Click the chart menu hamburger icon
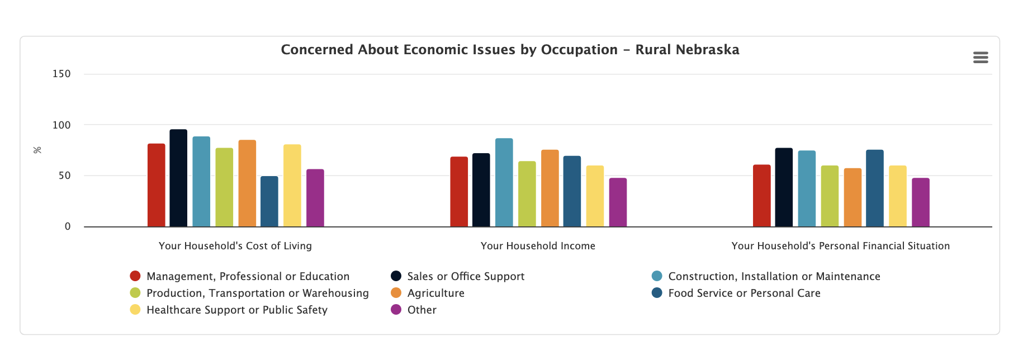(x=981, y=58)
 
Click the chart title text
(x=510, y=50)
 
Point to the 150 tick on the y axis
(x=61, y=74)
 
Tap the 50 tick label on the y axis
(x=64, y=176)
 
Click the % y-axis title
(x=37, y=150)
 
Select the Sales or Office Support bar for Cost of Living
(x=178, y=178)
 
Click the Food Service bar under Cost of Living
(x=269, y=202)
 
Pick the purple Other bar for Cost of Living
(x=315, y=198)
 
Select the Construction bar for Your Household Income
(x=504, y=183)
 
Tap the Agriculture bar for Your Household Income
(x=550, y=188)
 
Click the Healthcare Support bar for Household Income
(x=595, y=196)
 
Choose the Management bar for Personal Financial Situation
(x=761, y=196)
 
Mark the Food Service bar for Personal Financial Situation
(x=875, y=188)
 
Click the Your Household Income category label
(x=538, y=246)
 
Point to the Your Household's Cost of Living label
(x=235, y=246)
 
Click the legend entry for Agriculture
(x=435, y=293)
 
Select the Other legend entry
(x=421, y=310)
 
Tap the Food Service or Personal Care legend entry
(x=744, y=293)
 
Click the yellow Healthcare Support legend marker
(x=135, y=310)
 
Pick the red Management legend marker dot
(x=135, y=276)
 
